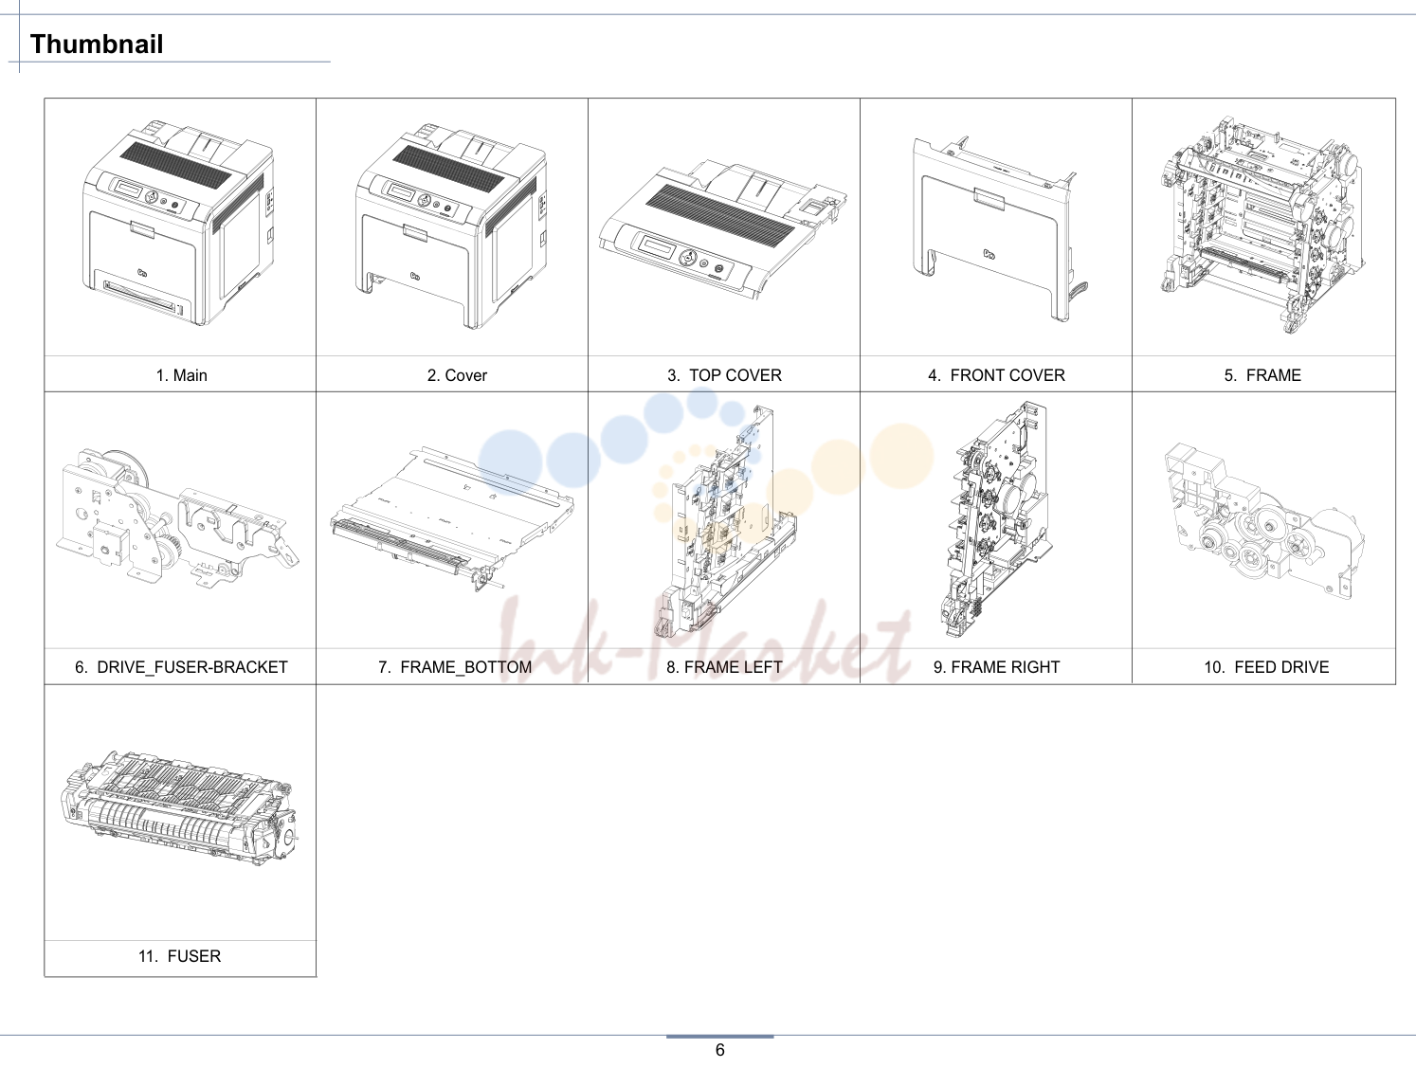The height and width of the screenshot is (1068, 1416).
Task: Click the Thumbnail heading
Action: [97, 44]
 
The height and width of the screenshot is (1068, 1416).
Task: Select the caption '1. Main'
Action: [181, 375]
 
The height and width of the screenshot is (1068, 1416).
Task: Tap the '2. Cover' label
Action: [457, 375]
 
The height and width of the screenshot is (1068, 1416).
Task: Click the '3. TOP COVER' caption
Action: [724, 375]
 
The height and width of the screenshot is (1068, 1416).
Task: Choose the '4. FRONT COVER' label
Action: [996, 375]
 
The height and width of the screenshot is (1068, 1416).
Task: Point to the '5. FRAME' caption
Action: [1262, 375]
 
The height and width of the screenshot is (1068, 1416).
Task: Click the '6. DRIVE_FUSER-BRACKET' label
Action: [181, 667]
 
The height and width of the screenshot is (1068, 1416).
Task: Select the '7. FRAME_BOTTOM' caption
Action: [456, 667]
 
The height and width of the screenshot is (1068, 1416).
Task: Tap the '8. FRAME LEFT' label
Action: [724, 667]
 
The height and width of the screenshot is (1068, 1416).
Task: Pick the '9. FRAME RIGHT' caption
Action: [996, 667]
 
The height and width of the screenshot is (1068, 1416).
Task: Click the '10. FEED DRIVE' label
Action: [1266, 667]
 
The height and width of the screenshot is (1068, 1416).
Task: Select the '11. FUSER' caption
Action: [179, 956]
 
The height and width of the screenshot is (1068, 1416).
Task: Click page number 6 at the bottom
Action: [720, 1051]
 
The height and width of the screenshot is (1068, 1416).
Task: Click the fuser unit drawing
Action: [180, 809]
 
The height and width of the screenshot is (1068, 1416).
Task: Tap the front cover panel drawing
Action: [993, 229]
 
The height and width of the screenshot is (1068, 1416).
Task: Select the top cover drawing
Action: [722, 229]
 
